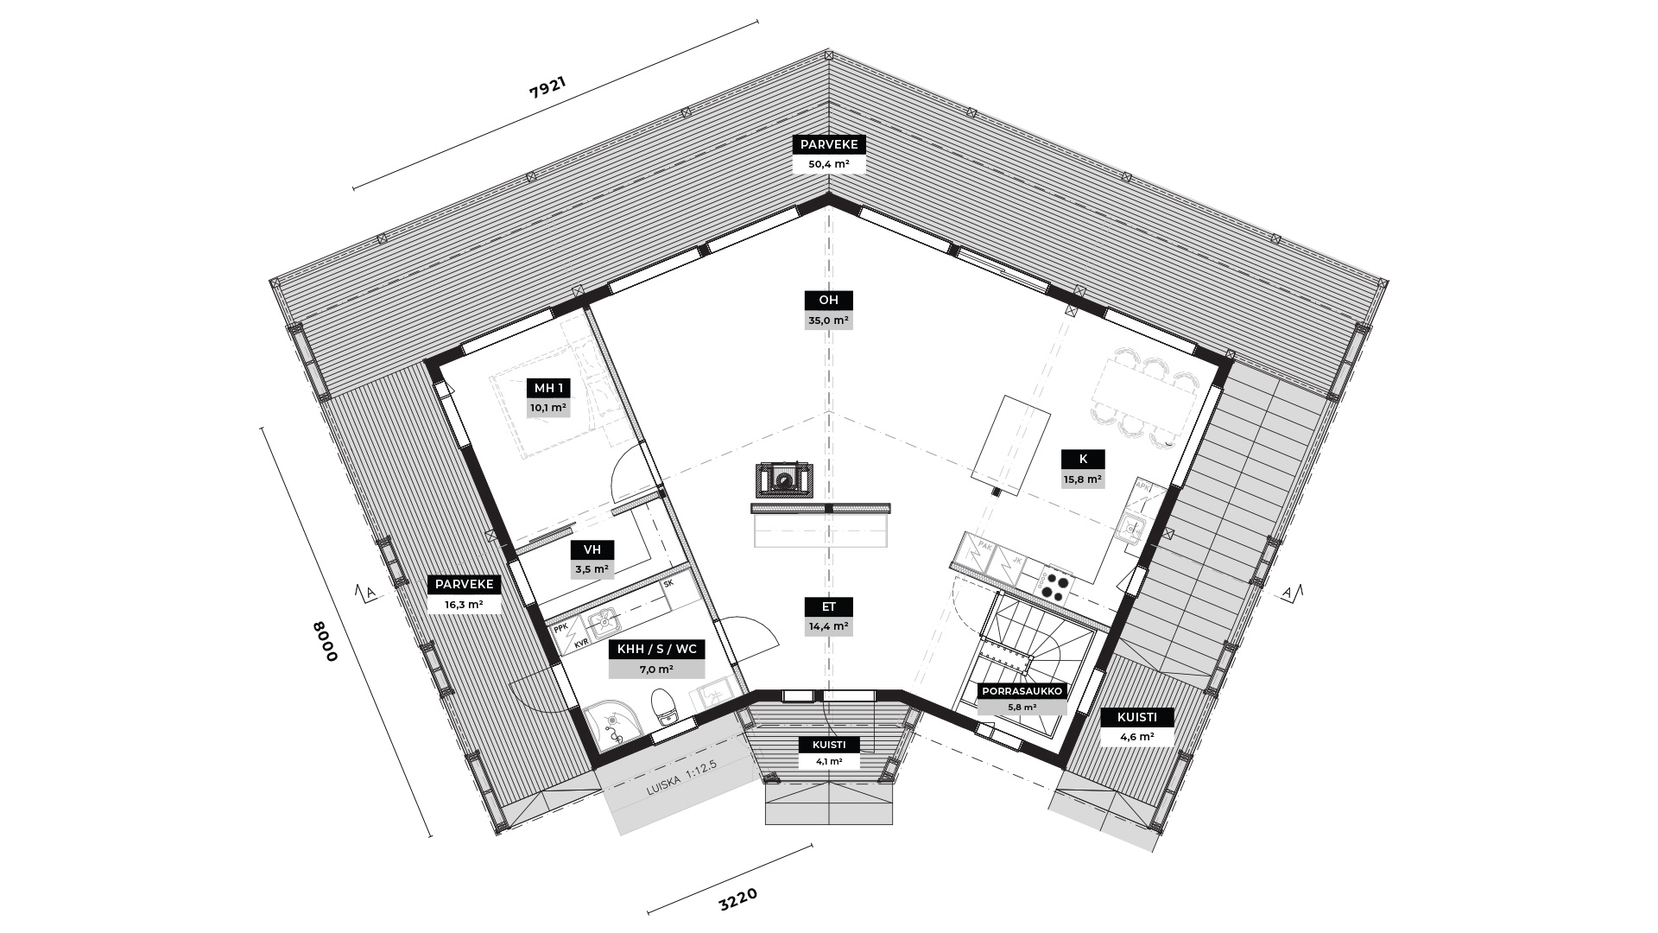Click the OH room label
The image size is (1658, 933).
coord(828,301)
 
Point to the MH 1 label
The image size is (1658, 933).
coord(548,388)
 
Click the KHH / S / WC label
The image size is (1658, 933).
coord(656,649)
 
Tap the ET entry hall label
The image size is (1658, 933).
coord(828,606)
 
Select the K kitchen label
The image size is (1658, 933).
coord(1083,460)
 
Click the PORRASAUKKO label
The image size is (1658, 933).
coord(1022,691)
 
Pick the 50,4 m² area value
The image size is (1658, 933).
coord(829,164)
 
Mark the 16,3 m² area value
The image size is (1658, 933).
coord(464,605)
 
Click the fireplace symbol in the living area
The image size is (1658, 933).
coord(785,479)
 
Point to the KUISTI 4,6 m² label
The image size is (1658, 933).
coord(1136,727)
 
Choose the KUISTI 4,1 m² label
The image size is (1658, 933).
coord(828,753)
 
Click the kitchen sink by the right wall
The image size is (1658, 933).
coord(1131,526)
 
